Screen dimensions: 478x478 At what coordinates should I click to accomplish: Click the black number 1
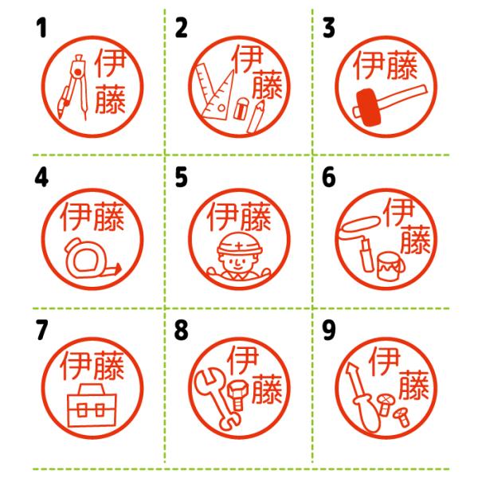click(x=41, y=27)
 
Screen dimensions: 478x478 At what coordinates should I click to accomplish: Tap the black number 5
click(x=181, y=177)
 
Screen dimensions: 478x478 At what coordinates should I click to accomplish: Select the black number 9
click(x=328, y=330)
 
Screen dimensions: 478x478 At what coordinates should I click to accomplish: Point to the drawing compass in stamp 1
click(x=75, y=87)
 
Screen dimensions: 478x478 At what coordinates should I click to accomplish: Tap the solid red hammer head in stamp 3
click(x=370, y=108)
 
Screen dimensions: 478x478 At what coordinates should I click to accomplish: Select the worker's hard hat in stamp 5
click(x=240, y=244)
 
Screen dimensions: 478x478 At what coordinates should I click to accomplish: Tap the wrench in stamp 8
click(x=216, y=399)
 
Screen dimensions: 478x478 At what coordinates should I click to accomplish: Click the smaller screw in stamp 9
click(x=402, y=417)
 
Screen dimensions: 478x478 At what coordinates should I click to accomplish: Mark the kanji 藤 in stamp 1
click(x=111, y=99)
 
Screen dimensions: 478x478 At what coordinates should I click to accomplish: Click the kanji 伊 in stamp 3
click(x=368, y=65)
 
